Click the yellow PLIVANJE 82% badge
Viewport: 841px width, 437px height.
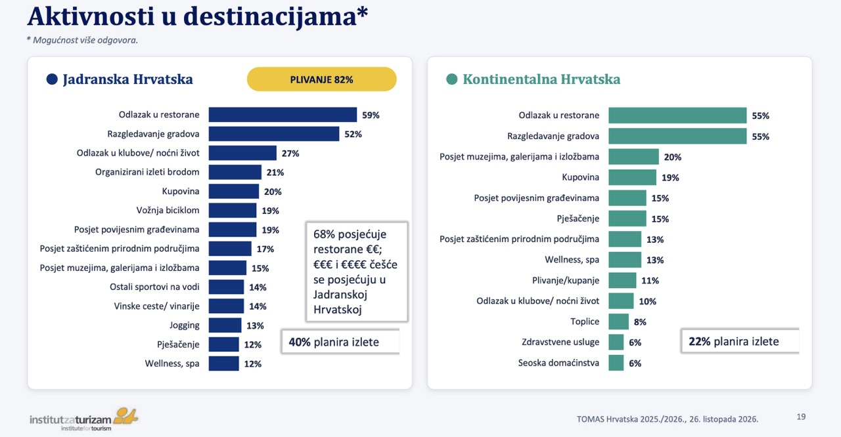(x=322, y=79)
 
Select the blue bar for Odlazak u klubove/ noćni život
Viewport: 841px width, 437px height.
(x=242, y=153)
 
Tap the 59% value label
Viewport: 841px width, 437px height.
(x=371, y=115)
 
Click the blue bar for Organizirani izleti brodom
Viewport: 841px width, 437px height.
(x=235, y=172)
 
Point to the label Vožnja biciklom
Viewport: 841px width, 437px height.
(x=168, y=210)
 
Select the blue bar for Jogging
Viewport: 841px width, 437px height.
(x=225, y=325)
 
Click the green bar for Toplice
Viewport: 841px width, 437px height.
(x=618, y=322)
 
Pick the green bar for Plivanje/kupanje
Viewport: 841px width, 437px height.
(x=622, y=280)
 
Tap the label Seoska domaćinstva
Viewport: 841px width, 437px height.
(x=558, y=363)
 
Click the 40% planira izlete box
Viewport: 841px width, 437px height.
(x=340, y=342)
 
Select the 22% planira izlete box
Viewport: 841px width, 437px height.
(x=740, y=341)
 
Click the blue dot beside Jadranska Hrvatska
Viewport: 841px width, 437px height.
(x=52, y=79)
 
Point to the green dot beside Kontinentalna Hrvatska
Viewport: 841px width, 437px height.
(x=451, y=79)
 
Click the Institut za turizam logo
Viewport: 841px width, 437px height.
(x=83, y=419)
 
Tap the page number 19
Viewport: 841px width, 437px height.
(x=801, y=417)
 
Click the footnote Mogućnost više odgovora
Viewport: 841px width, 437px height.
(x=82, y=40)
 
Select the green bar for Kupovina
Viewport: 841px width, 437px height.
(x=632, y=177)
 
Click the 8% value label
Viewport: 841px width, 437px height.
(x=640, y=322)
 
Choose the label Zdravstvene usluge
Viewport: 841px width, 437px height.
(x=560, y=342)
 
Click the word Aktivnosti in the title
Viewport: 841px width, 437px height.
(x=91, y=16)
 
